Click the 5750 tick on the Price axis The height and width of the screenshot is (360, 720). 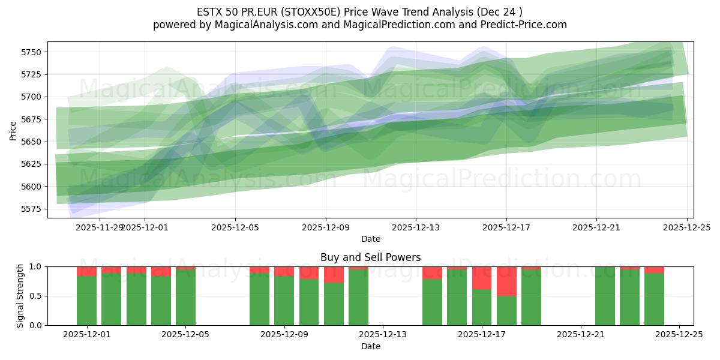tap(30, 52)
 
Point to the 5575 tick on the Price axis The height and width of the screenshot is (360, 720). tap(30, 209)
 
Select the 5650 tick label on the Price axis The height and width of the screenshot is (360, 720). tap(30, 142)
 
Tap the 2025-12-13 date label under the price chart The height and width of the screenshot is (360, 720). tap(416, 228)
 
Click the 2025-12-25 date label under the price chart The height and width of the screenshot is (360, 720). tap(686, 228)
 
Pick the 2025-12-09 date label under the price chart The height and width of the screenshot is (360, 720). tap(325, 228)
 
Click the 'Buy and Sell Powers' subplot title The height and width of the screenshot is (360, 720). tap(370, 257)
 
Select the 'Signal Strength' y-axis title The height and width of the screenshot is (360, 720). tap(20, 296)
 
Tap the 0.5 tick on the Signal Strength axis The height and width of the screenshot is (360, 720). tap(35, 296)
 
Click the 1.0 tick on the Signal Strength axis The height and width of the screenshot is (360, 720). tap(35, 266)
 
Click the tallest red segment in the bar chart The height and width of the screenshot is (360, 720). tap(506, 281)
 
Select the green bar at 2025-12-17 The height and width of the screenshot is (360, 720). tap(482, 307)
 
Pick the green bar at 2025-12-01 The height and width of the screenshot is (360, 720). tap(86, 300)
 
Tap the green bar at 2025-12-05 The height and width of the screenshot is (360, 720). tap(185, 297)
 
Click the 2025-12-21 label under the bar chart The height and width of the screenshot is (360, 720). tap(581, 335)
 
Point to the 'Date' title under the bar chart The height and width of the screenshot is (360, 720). tap(370, 346)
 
